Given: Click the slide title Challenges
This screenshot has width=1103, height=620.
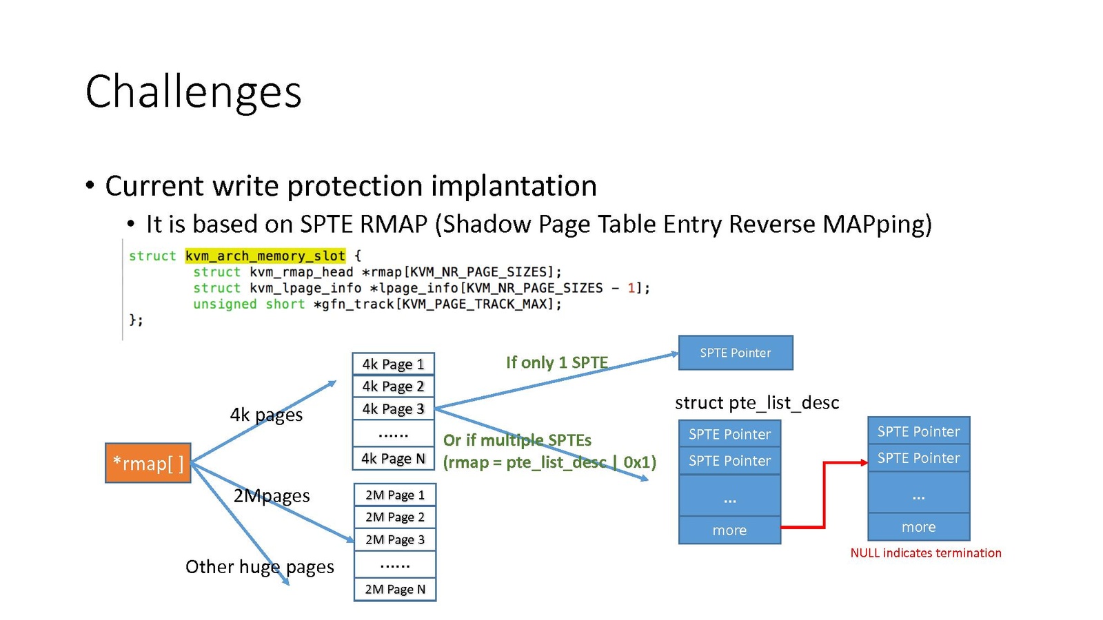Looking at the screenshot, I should click(193, 92).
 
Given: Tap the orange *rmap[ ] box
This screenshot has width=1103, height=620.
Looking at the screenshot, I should click(148, 463).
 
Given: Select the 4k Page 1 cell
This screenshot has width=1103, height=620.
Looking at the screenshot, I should click(393, 364).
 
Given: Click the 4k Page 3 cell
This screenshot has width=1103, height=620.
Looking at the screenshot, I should click(393, 409).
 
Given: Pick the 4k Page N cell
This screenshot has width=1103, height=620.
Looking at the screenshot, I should click(393, 458).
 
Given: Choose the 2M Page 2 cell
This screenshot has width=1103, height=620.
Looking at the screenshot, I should click(394, 517).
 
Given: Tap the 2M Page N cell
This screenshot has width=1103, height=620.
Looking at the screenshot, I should click(394, 589).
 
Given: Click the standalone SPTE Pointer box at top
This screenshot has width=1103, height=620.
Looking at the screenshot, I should click(735, 353).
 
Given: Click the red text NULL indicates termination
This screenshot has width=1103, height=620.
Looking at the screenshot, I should click(925, 552).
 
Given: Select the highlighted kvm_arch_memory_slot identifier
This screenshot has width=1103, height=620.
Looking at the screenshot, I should click(265, 256).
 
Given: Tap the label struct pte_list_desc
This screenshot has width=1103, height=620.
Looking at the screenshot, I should click(756, 402).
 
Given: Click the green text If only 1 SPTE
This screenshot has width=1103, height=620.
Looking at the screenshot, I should click(556, 362).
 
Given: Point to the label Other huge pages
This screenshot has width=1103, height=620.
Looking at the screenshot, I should click(259, 566).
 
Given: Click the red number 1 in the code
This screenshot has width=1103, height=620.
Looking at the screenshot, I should click(631, 288).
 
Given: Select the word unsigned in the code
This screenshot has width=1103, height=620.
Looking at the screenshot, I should click(225, 304).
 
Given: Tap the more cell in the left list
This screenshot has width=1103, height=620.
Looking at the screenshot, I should click(729, 530).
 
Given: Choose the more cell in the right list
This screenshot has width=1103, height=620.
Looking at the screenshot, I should click(918, 527).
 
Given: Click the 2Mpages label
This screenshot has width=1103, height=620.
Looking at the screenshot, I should click(271, 495).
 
